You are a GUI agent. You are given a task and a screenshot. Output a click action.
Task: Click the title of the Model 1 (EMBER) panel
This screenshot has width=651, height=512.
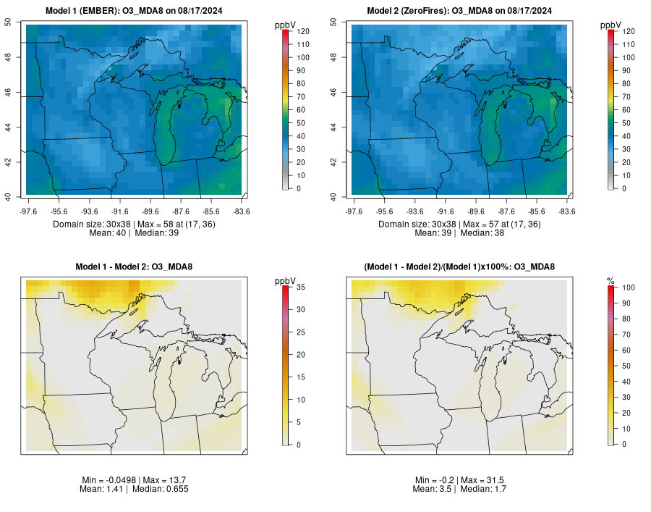(134, 10)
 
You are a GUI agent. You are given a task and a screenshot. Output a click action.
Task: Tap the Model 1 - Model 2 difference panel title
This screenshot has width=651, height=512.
(134, 267)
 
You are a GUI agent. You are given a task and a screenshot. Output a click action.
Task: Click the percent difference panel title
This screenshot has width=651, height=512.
(459, 267)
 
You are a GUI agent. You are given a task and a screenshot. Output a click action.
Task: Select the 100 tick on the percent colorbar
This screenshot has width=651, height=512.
(627, 288)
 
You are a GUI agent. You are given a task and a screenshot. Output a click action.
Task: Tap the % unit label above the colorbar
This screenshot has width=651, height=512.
(610, 280)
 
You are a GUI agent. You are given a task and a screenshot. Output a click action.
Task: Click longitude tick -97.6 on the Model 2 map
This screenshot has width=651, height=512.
(354, 211)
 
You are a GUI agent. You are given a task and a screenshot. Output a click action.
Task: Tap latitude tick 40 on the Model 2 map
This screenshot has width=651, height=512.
(344, 197)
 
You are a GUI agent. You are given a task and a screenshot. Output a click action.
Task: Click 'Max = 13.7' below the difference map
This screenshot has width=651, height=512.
(154, 480)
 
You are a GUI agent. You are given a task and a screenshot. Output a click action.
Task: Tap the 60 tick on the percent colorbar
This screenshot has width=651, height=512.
(625, 351)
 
